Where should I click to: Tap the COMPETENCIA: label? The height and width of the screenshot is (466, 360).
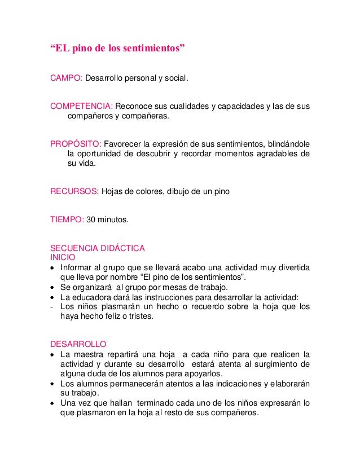(x=82, y=107)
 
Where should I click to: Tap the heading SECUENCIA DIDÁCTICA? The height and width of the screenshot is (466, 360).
(x=98, y=248)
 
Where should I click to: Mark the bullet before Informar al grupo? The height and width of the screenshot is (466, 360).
(x=53, y=268)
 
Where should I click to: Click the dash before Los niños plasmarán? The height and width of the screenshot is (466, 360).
(x=52, y=307)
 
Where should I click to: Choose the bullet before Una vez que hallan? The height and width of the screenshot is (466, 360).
(x=53, y=403)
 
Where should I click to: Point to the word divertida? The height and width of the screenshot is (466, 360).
(x=291, y=267)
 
